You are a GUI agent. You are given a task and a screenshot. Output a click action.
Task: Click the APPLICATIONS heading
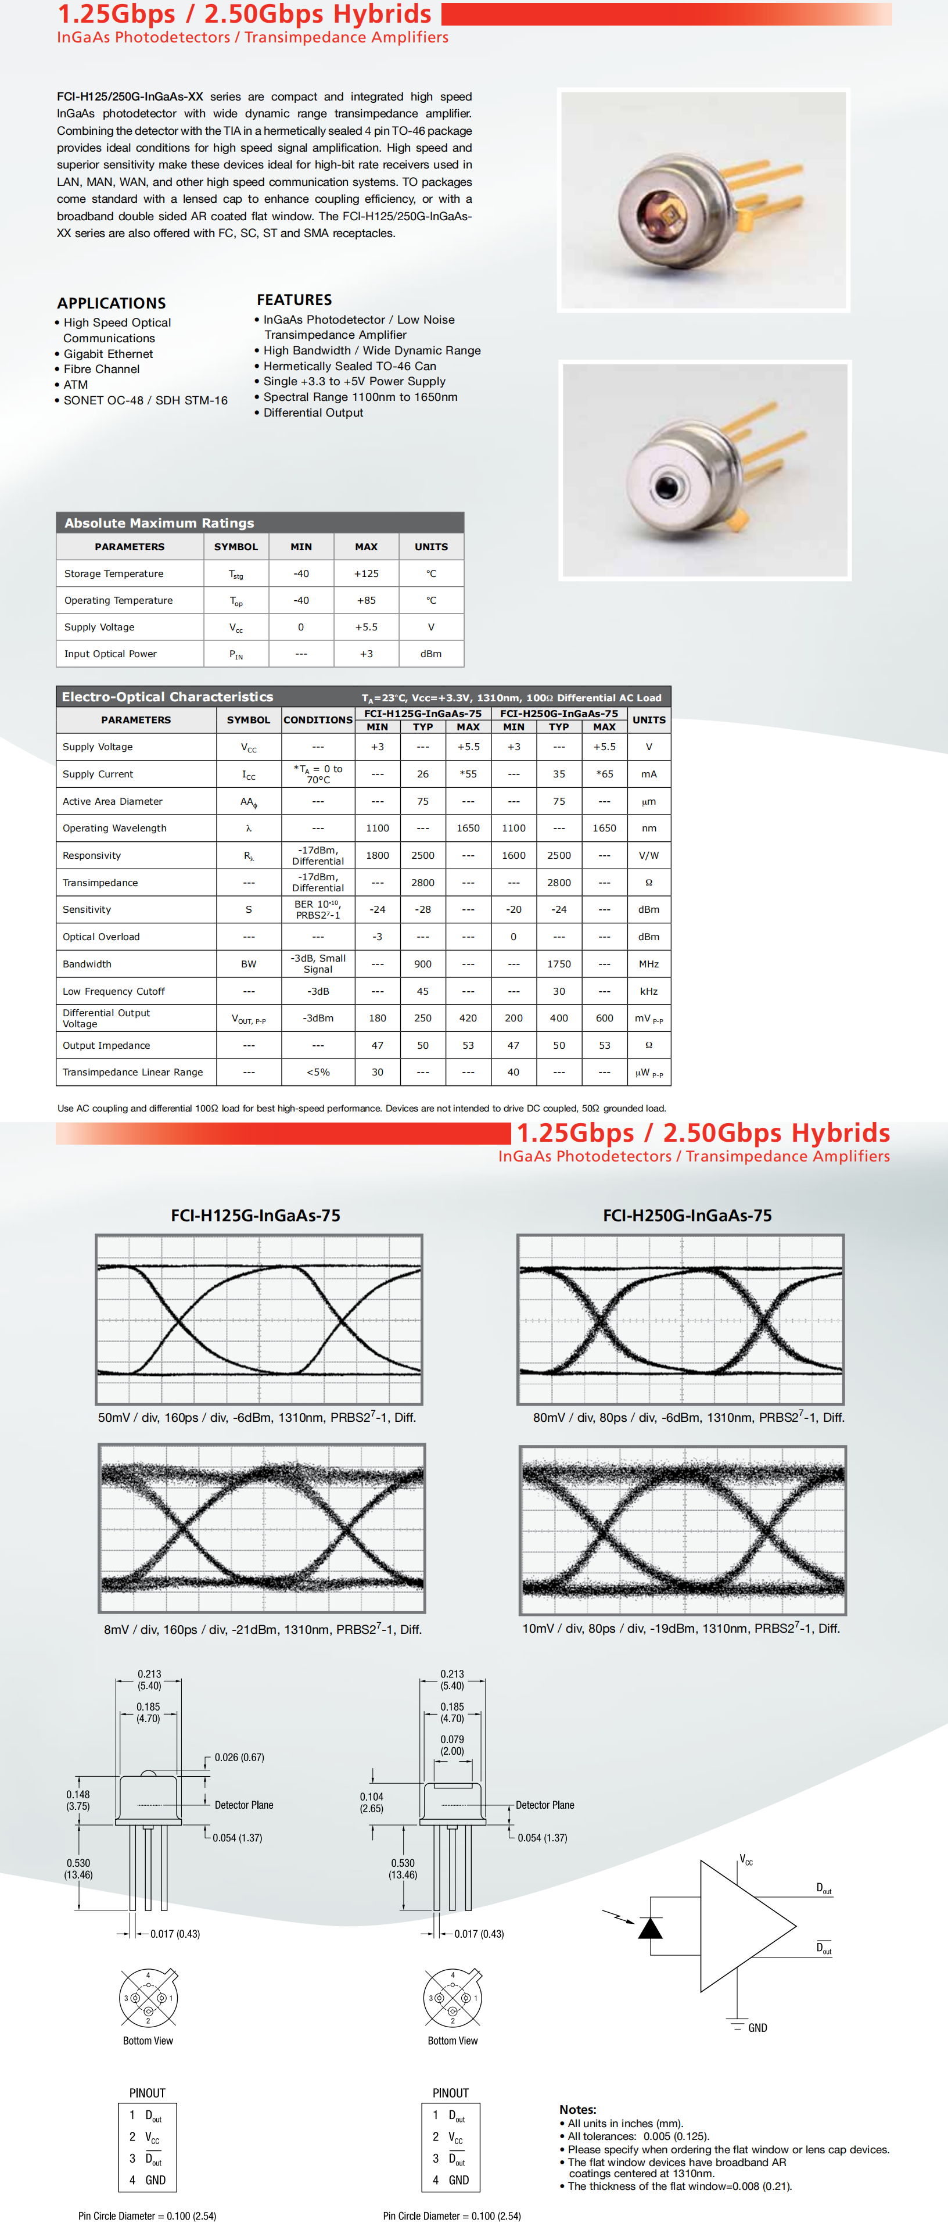click(x=111, y=303)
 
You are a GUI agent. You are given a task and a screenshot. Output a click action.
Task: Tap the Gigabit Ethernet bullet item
click(x=107, y=354)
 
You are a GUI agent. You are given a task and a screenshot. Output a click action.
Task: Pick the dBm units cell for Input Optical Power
click(x=430, y=654)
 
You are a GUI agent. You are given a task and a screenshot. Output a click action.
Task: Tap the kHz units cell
click(x=648, y=991)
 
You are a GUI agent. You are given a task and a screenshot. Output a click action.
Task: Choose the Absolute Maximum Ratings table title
click(x=159, y=523)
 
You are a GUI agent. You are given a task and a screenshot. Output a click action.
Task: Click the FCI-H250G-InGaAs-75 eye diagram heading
click(x=687, y=1216)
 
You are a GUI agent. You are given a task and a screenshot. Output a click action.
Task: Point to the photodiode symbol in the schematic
click(x=649, y=1928)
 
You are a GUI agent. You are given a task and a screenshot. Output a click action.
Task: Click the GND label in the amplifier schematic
click(x=757, y=2027)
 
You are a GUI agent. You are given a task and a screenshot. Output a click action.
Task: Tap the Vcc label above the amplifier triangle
click(x=745, y=1859)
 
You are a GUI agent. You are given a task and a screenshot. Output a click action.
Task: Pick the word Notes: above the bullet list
click(x=577, y=2109)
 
